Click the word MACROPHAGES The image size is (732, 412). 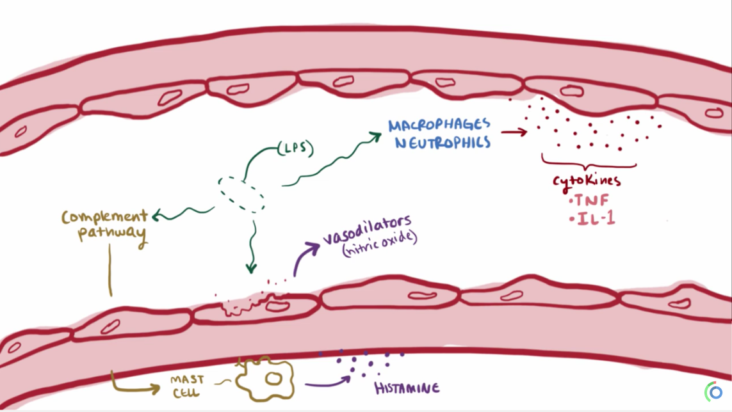click(439, 124)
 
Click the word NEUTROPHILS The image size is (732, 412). click(443, 142)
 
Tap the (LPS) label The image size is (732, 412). click(295, 149)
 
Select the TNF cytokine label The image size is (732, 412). click(591, 200)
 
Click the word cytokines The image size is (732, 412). click(587, 181)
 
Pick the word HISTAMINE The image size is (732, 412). click(407, 388)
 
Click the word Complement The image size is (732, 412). click(104, 217)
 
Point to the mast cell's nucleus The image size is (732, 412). click(273, 379)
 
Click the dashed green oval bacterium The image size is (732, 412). click(241, 194)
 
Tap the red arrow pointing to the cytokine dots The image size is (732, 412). click(514, 132)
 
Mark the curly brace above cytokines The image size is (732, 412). click(589, 162)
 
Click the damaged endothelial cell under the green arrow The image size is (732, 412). click(256, 309)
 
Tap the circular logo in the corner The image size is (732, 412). click(715, 392)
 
